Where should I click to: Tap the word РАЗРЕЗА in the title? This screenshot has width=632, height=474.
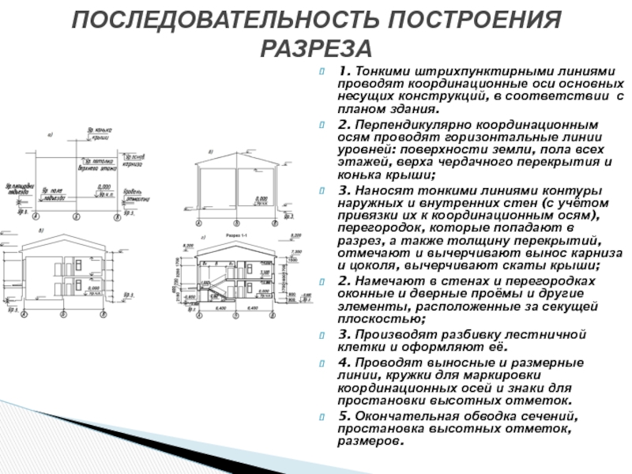(315, 49)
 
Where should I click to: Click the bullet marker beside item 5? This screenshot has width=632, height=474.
(322, 417)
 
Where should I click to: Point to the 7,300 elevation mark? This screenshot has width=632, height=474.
(294, 250)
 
